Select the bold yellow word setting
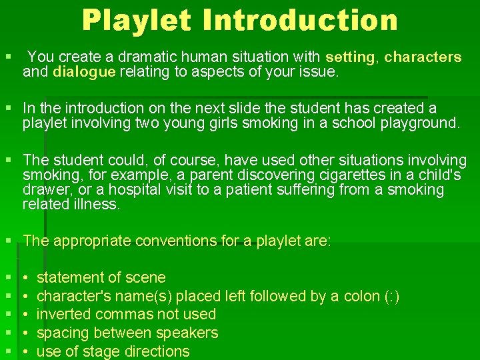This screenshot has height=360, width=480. coord(350,57)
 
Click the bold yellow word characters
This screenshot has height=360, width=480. coord(423,57)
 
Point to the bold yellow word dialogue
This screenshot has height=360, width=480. coord(84,72)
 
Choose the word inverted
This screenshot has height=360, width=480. coord(63,314)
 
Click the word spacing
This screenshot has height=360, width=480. coord(63,333)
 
